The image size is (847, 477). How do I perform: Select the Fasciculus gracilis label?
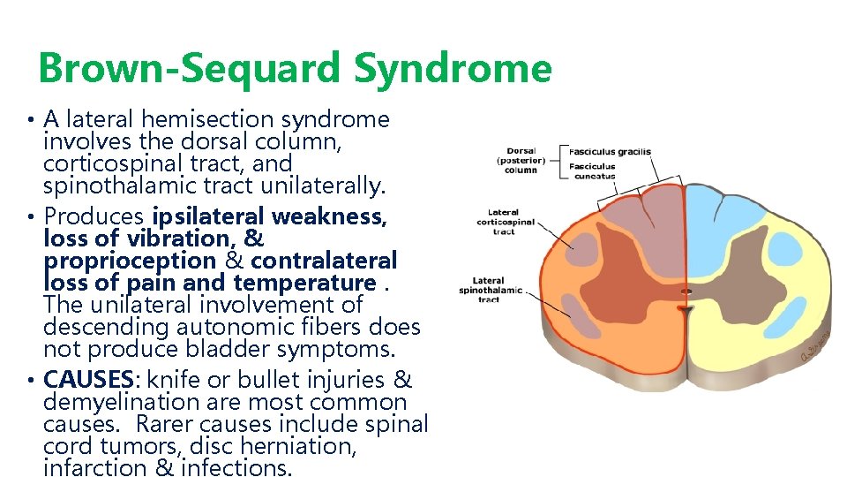pyautogui.click(x=610, y=151)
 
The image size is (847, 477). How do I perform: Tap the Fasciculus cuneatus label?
pyautogui.click(x=593, y=171)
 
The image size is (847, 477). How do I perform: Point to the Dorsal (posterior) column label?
pyautogui.click(x=521, y=160)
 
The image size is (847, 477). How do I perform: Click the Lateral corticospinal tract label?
pyautogui.click(x=504, y=222)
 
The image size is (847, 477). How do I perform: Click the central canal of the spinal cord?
pyautogui.click(x=686, y=291)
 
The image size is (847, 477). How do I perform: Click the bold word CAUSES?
pyautogui.click(x=86, y=380)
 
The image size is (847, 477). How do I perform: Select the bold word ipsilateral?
pyautogui.click(x=208, y=216)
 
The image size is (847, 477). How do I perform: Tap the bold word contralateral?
pyautogui.click(x=324, y=261)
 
